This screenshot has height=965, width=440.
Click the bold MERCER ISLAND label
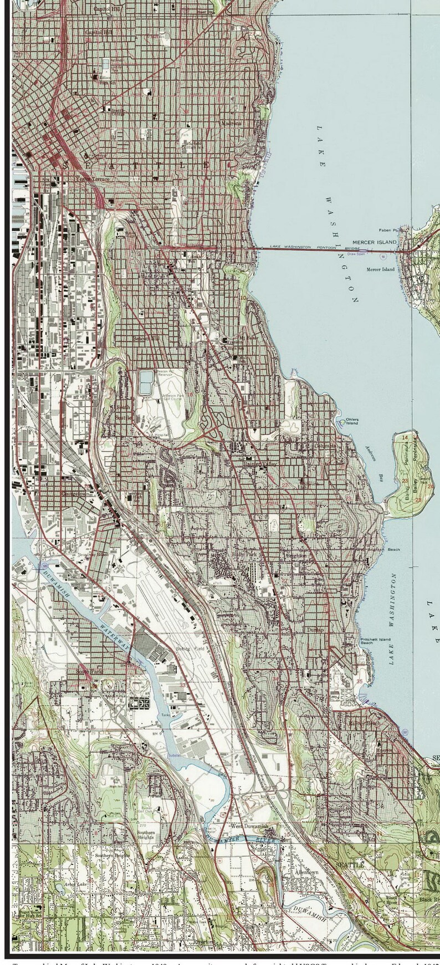click(x=375, y=242)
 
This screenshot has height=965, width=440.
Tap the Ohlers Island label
click(x=352, y=421)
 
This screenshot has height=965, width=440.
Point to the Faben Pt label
click(x=389, y=230)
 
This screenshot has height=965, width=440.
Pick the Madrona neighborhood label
click(x=232, y=123)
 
